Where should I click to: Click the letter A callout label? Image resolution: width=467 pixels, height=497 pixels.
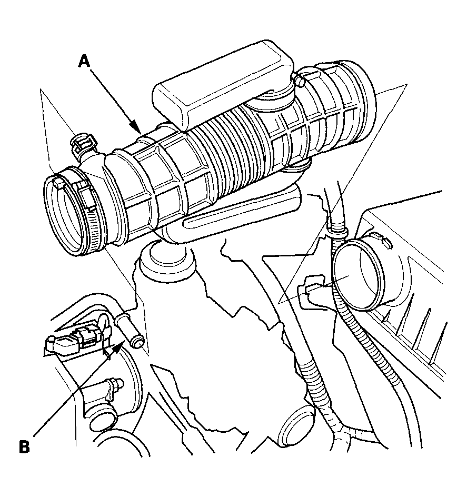(84, 61)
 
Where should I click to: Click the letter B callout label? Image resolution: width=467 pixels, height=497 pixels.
(24, 447)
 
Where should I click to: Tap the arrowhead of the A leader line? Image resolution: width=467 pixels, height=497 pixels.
(137, 127)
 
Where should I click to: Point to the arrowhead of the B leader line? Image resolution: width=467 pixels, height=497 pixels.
(116, 349)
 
